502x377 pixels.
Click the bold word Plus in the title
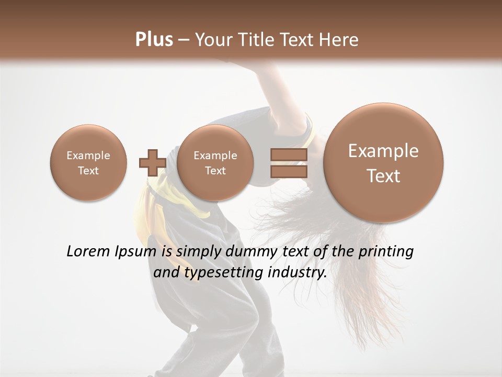click(x=154, y=40)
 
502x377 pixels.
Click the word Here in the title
click(x=340, y=40)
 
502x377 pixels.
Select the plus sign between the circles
click(x=152, y=162)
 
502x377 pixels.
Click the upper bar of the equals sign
click(x=289, y=154)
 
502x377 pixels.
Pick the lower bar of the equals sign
click(x=289, y=171)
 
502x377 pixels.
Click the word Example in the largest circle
click(x=383, y=151)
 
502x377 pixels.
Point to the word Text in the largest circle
click(x=383, y=176)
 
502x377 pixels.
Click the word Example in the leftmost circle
click(x=88, y=156)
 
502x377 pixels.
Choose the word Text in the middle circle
click(x=215, y=171)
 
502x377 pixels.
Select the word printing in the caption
click(x=386, y=251)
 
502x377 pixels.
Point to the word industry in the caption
click(x=296, y=272)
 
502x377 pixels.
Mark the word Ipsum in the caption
click(x=135, y=252)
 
